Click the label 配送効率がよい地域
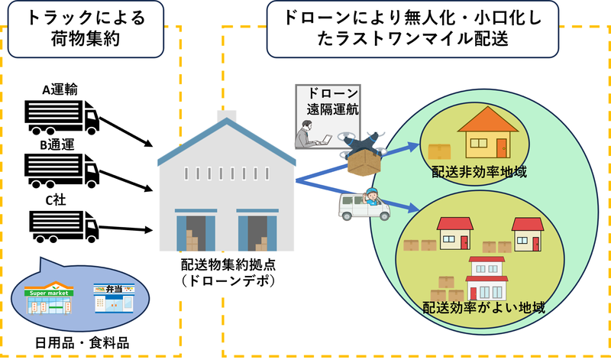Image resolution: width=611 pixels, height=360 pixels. coord(484,308)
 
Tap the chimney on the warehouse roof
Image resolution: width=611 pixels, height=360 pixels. coord(226,118)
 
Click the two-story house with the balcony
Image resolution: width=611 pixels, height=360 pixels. coord(488,278)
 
